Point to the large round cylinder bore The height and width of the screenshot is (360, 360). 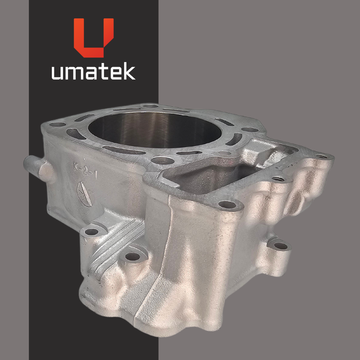pos(155,130)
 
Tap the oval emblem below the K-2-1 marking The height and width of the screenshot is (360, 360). pos(85,194)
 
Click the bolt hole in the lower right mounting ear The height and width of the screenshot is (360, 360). pos(281,246)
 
